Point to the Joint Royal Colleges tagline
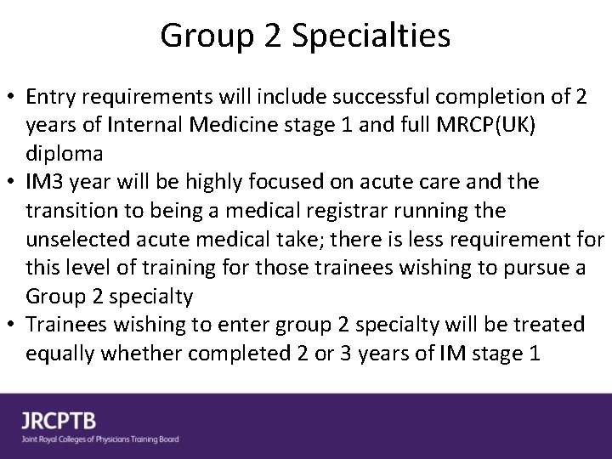coord(101,439)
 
